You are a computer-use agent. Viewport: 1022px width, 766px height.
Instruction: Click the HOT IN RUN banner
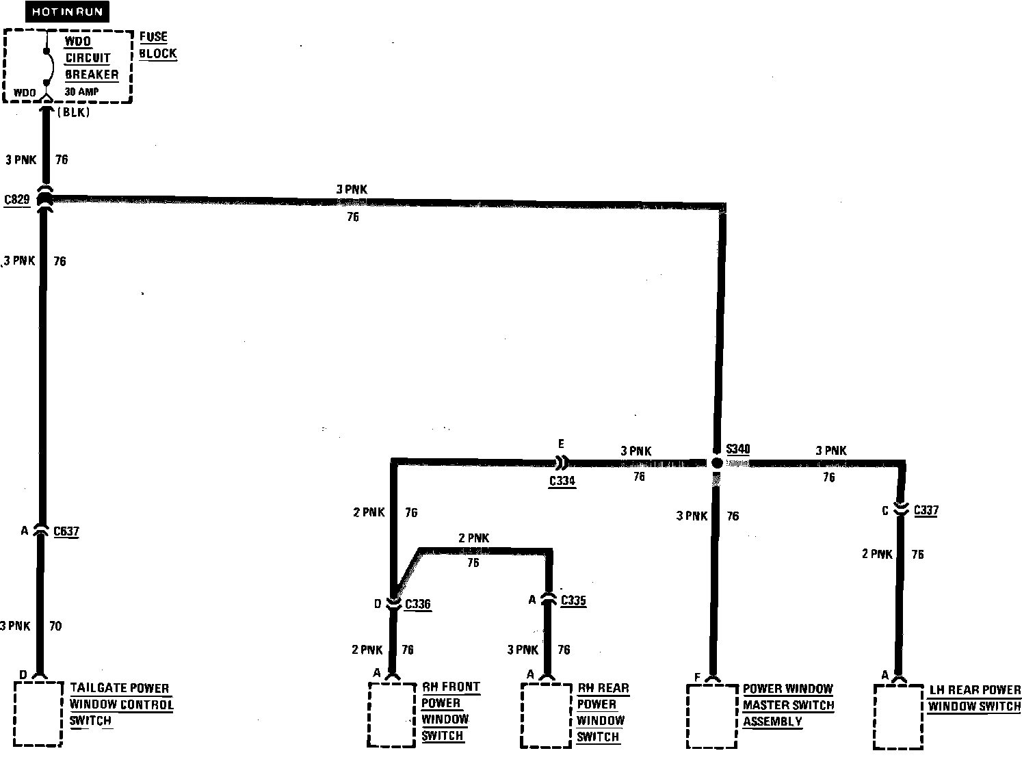coord(67,12)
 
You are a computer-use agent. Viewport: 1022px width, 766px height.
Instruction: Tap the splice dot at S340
coord(716,463)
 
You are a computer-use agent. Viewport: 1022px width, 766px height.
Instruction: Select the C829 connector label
coord(16,200)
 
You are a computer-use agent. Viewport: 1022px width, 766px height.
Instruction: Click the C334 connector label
coord(562,481)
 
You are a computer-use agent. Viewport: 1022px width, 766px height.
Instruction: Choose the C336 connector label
coord(418,605)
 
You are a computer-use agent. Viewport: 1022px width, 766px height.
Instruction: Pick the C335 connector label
coord(573,600)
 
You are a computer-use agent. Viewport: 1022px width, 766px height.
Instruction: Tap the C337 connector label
coord(926,510)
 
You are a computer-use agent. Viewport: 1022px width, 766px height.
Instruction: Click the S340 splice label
coord(738,449)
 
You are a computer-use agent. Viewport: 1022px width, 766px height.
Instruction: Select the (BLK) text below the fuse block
coord(73,113)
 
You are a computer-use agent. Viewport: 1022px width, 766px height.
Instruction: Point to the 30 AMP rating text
coord(81,90)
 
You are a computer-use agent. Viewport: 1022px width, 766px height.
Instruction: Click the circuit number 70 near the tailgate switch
coord(55,626)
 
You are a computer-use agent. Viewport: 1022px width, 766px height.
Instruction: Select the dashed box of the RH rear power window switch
coord(545,715)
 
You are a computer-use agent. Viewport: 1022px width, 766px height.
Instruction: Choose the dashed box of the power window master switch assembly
coord(711,717)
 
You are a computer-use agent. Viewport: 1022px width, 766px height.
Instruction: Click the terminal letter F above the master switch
coord(697,678)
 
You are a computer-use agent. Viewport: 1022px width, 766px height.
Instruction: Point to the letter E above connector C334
coord(561,444)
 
